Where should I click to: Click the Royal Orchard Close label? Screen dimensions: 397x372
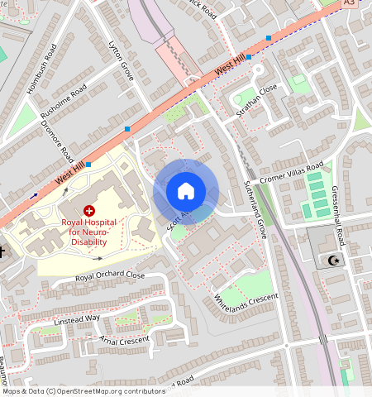click(x=110, y=276)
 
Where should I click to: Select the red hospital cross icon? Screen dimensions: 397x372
click(x=89, y=212)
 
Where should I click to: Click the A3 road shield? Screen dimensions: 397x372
click(x=350, y=3)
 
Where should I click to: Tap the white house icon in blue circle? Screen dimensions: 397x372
click(x=186, y=191)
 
